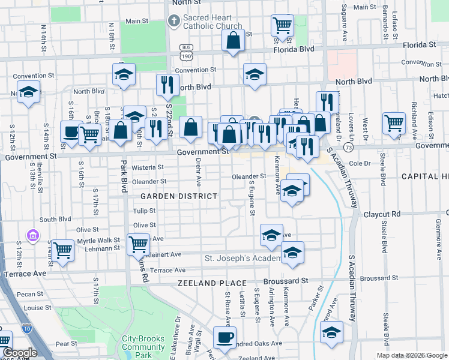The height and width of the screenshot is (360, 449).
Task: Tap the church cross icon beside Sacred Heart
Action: (173, 22)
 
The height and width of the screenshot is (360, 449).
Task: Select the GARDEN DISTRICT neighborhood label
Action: (179, 196)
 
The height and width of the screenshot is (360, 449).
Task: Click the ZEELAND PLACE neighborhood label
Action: (212, 283)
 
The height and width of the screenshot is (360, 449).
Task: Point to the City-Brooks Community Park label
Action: (143, 347)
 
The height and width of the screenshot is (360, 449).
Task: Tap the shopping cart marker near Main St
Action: (282, 25)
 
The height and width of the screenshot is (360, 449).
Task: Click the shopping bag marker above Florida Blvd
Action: (233, 41)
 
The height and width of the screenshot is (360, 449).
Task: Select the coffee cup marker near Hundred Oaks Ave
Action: (224, 337)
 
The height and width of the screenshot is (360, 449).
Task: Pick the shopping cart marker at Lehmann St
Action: (62, 250)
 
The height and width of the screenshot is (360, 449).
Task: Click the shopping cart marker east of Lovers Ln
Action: (394, 124)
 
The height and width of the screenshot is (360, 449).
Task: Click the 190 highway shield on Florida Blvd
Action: (185, 56)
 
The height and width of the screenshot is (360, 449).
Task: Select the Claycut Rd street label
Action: (385, 214)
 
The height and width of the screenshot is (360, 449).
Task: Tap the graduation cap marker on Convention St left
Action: (124, 74)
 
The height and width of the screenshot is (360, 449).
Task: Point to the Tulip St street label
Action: (144, 211)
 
